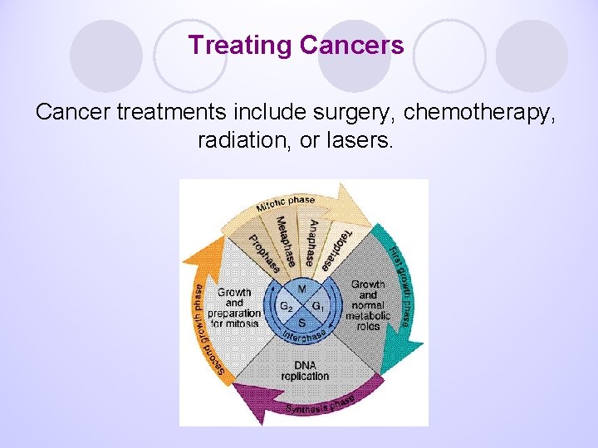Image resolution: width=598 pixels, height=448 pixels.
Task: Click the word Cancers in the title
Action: [352, 45]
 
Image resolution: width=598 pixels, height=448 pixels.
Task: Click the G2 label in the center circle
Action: [286, 306]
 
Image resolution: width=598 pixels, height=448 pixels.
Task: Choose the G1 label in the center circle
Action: [317, 306]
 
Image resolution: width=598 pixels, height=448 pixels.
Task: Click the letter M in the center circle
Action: [301, 290]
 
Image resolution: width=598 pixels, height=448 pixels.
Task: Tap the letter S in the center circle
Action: [301, 322]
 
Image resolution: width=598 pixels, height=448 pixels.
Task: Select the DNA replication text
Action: [305, 370]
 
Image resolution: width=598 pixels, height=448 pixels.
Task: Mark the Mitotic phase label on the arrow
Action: [285, 203]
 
